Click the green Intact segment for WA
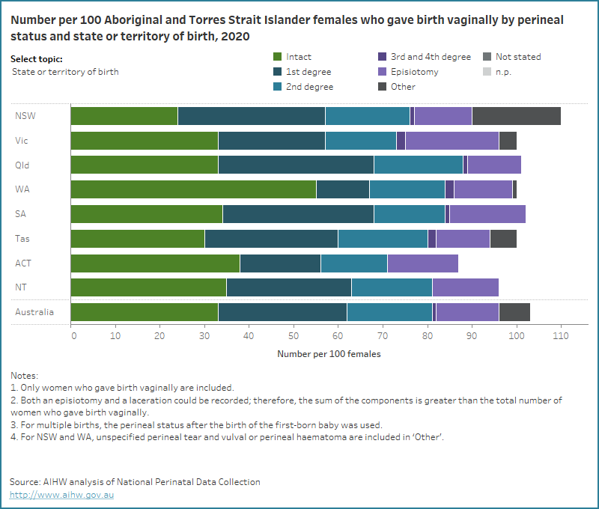(193, 189)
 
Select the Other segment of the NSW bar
(516, 116)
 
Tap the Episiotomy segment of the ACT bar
(422, 263)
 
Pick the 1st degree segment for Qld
(296, 165)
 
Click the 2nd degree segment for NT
(391, 287)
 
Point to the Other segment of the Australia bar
(514, 312)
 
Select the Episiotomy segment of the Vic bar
(451, 140)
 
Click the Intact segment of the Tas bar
(138, 238)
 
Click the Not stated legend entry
(516, 57)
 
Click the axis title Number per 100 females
(329, 354)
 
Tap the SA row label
(21, 214)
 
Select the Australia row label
(34, 312)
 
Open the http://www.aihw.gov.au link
(62, 495)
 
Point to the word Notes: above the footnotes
(24, 375)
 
